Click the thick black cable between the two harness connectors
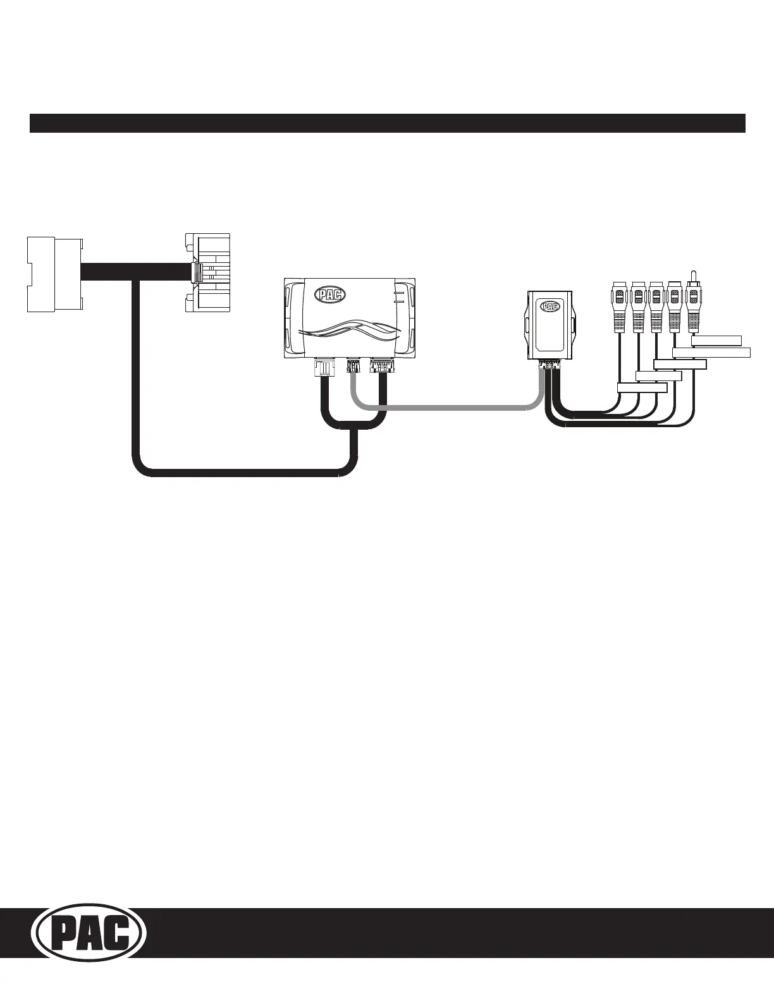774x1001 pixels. [x=133, y=273]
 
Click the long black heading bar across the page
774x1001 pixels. [x=387, y=123]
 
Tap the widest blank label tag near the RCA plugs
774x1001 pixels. [x=711, y=353]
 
